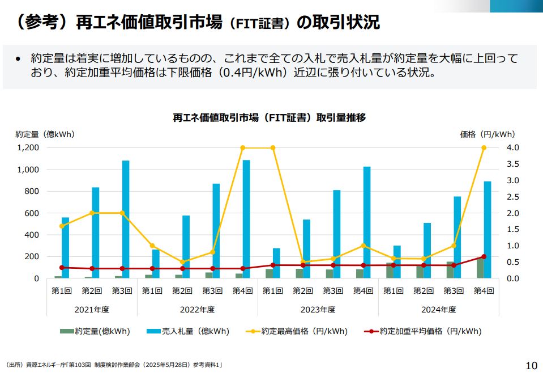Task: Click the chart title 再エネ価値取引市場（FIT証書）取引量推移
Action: click(x=270, y=118)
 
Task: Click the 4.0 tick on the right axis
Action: click(x=512, y=147)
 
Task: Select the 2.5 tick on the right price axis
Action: click(x=512, y=197)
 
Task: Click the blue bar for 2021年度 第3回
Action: click(x=126, y=219)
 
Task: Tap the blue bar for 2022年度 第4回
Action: click(x=246, y=219)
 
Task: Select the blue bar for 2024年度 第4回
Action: click(x=488, y=230)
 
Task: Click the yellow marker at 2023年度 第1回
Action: click(x=273, y=147)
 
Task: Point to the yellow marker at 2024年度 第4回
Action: click(x=484, y=147)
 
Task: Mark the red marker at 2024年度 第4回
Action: click(x=484, y=256)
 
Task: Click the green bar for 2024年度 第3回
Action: click(x=450, y=270)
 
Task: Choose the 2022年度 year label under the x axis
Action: click(x=198, y=309)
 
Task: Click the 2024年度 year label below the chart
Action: click(x=438, y=309)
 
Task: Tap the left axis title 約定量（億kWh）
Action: click(x=45, y=134)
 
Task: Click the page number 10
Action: click(x=531, y=365)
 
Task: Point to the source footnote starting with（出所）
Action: click(x=113, y=365)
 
